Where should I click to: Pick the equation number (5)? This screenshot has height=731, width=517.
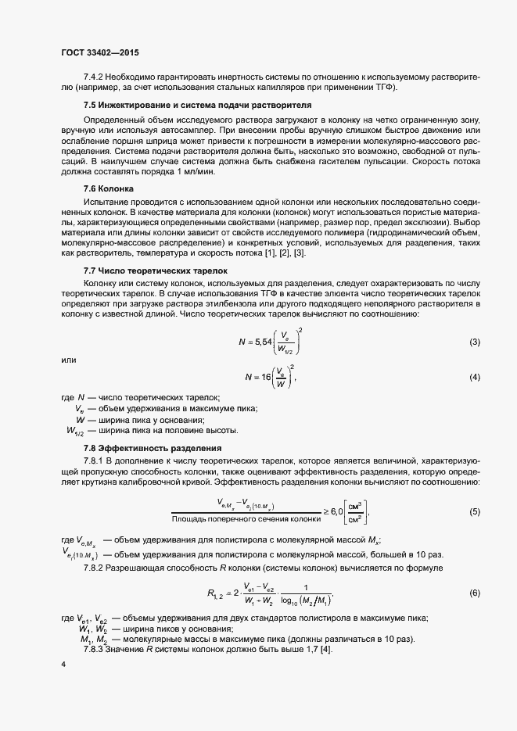pos(474,511)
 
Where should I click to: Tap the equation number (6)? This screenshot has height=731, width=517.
pos(474,593)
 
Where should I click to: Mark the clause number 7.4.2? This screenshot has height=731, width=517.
pos(94,76)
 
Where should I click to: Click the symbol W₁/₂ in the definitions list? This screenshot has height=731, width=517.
pos(76,431)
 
